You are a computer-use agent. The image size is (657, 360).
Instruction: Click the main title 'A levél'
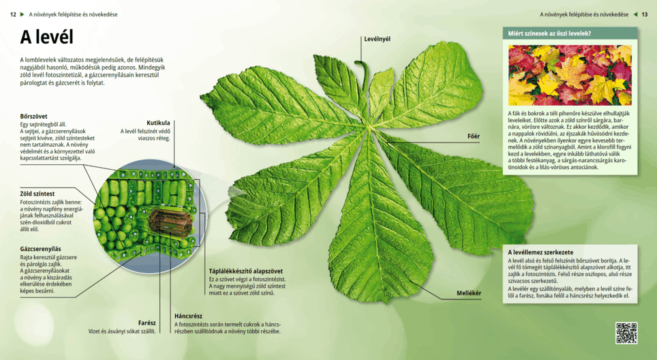pos(46,37)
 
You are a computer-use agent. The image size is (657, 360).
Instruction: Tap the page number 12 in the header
pos(13,14)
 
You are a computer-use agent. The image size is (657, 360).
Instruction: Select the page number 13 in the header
pos(645,14)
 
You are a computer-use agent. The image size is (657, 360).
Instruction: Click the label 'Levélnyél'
pos(377,39)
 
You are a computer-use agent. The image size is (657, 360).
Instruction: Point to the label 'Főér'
pos(473,136)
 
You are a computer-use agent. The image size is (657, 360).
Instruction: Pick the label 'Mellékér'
pos(469,293)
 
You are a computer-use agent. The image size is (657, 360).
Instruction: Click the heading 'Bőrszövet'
pos(34,116)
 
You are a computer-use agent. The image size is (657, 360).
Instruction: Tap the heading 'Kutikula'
pos(158,123)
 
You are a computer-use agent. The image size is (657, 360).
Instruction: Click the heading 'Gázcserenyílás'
pos(41,249)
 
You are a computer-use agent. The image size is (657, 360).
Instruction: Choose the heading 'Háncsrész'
pos(188,316)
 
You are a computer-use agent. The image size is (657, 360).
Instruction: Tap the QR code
pos(626,333)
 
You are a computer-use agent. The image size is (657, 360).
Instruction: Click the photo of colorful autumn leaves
pos(570,75)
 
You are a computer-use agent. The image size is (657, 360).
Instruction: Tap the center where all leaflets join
pos(371,126)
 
